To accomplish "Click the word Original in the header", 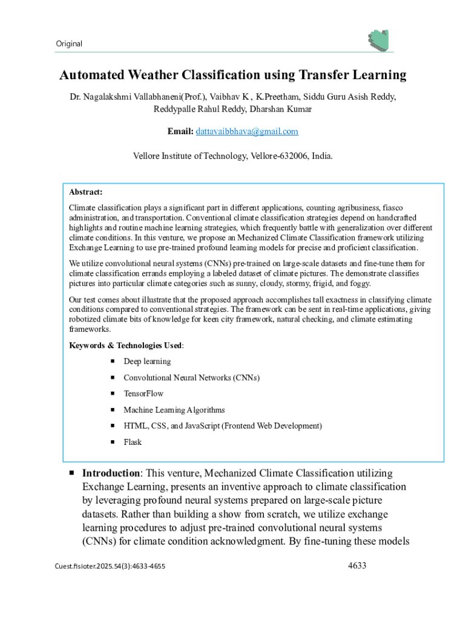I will pos(68,44).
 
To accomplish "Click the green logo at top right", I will pos(378,39).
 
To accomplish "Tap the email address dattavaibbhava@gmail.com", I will pos(246,131).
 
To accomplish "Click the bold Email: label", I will pos(180,131).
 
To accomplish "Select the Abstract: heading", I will pos(85,192).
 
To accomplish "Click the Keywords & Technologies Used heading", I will pos(125,345).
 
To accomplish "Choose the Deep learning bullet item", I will pos(147,361).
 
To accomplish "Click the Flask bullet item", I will pos(133,442).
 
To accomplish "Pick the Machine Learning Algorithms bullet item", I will pos(174,410).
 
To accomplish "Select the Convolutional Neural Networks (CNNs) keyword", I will pos(191,378).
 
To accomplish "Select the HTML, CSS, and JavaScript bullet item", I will pos(222,426).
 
